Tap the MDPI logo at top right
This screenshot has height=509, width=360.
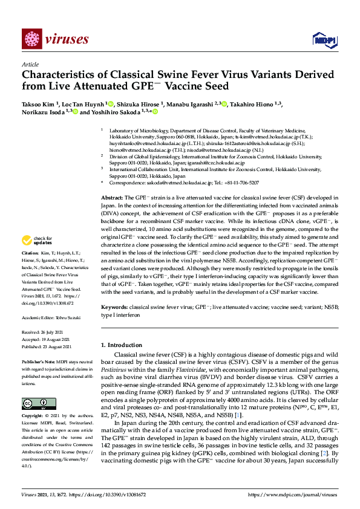324,40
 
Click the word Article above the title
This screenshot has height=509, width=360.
30,63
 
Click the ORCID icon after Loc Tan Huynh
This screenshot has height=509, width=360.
111,103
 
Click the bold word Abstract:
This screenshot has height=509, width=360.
111,198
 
